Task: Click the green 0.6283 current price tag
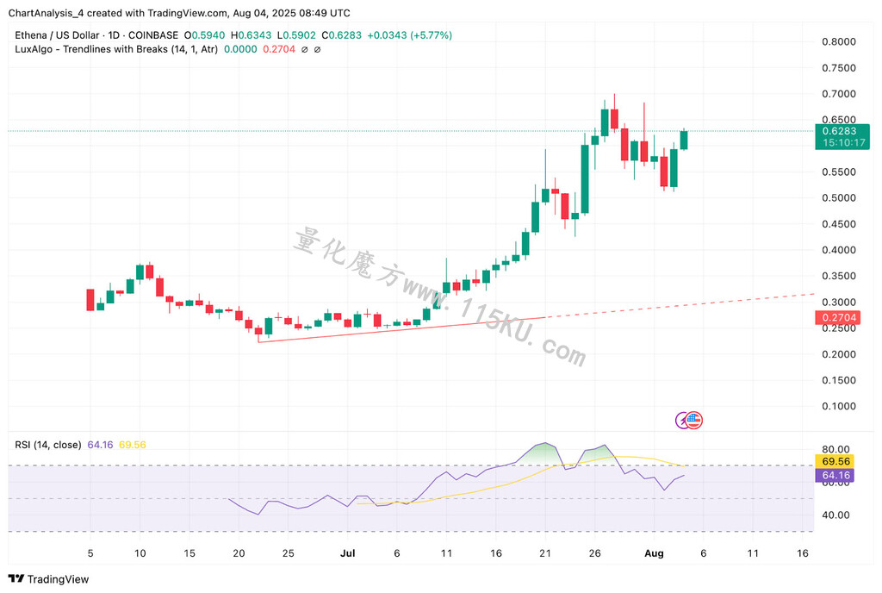[842, 131]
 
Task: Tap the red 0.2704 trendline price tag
[839, 317]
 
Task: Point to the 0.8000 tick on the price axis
[839, 41]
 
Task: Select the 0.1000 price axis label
[839, 406]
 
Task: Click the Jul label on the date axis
[348, 553]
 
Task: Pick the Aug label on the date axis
[654, 553]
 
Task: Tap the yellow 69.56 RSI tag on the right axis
[835, 461]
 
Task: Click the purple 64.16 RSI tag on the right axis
[835, 476]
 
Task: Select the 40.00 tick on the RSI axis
[835, 515]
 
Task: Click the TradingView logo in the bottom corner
[48, 579]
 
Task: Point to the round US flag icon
[694, 420]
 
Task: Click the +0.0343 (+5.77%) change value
[409, 34]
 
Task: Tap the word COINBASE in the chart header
[153, 34]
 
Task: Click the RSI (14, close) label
[48, 445]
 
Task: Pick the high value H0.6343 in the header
[251, 34]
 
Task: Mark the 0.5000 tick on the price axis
[839, 198]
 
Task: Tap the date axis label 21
[545, 553]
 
